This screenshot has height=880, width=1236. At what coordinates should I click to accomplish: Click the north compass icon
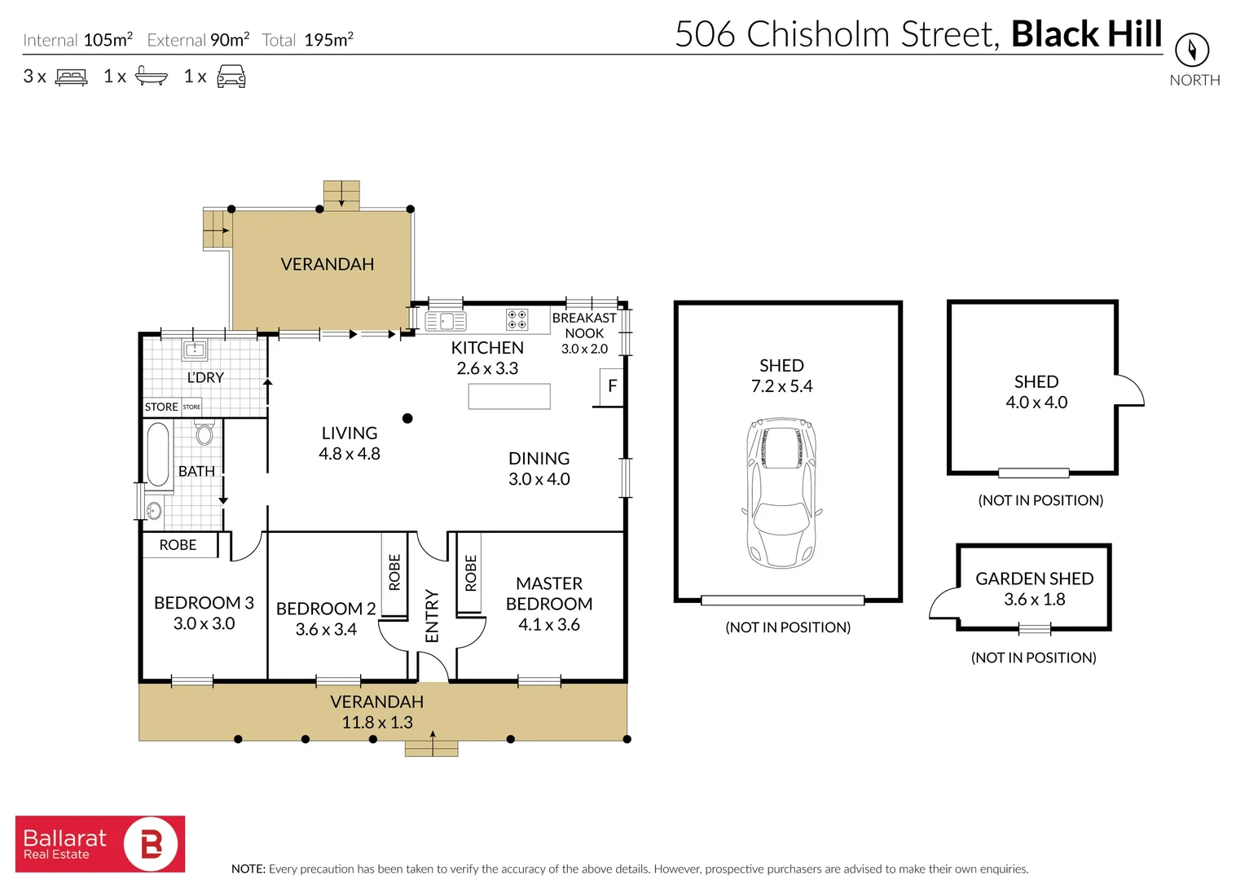click(x=1192, y=51)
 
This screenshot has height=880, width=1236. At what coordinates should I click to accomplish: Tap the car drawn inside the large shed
click(x=781, y=492)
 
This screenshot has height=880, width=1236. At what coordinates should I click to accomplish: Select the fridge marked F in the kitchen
click(x=612, y=386)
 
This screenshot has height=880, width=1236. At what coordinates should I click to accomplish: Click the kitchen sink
click(x=445, y=320)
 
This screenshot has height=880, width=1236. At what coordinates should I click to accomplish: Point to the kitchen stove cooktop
click(x=517, y=319)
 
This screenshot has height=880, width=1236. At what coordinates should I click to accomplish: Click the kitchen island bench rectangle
click(x=509, y=396)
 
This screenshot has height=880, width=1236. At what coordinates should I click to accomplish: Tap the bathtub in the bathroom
click(x=158, y=453)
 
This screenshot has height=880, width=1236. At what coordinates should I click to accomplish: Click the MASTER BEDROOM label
click(x=548, y=593)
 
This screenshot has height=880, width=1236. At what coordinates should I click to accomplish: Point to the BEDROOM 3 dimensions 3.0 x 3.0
click(x=204, y=623)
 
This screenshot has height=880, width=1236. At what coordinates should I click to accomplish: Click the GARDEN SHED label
click(x=1034, y=579)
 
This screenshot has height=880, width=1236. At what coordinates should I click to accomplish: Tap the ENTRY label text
click(x=432, y=616)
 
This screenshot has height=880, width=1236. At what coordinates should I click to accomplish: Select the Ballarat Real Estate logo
click(x=100, y=844)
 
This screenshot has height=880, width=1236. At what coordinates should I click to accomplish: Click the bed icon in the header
click(x=72, y=77)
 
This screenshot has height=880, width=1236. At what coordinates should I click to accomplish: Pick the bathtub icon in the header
click(x=151, y=77)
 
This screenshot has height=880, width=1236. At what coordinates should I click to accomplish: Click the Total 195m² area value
click(x=328, y=40)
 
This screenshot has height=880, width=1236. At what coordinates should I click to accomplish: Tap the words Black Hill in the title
click(x=1086, y=34)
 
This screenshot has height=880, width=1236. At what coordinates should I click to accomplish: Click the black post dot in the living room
click(x=407, y=418)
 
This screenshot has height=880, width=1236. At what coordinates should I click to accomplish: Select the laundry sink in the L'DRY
click(x=195, y=350)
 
